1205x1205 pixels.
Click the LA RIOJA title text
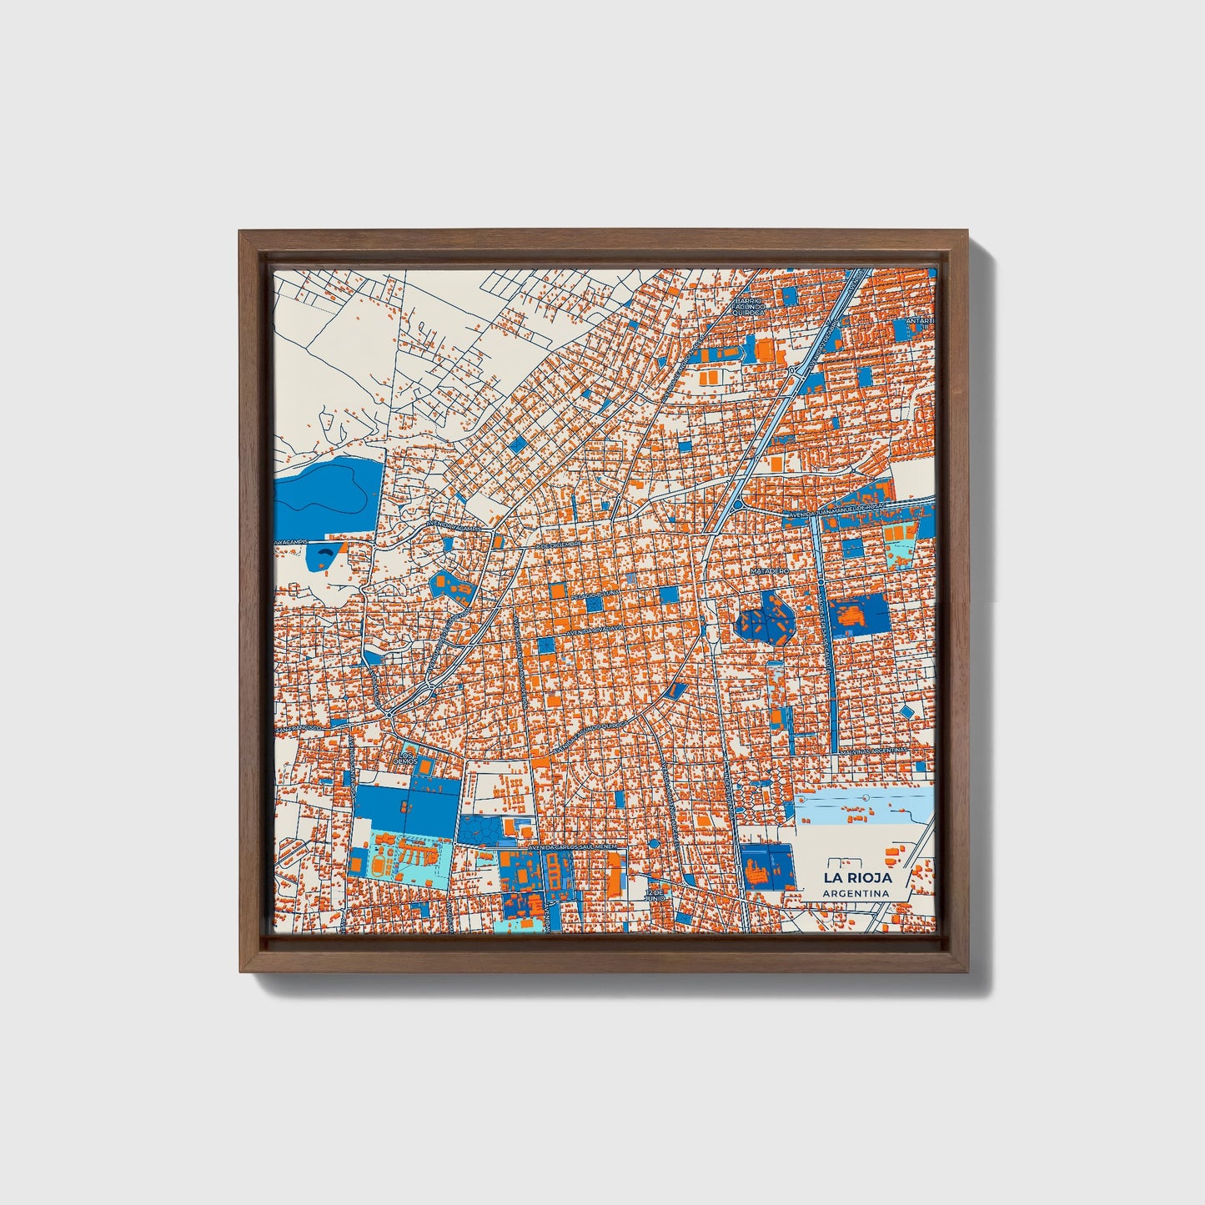(857, 877)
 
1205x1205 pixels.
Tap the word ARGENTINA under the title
(855, 894)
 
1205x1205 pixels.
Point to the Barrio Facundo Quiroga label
(748, 306)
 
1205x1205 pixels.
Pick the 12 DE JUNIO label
(657, 895)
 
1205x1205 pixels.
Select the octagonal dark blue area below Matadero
(766, 616)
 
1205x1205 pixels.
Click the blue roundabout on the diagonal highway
(737, 504)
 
